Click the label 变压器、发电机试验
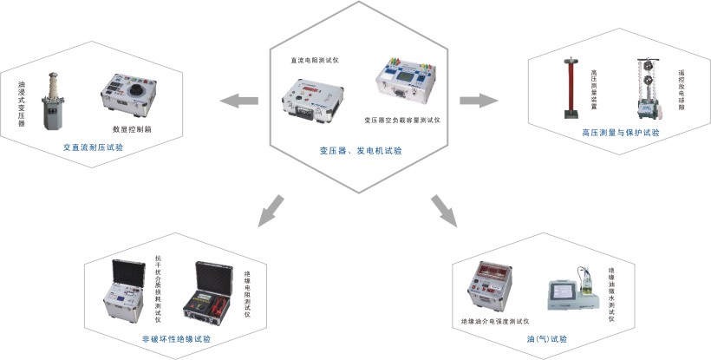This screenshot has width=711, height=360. (x=360, y=150)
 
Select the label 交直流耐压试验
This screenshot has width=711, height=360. (x=93, y=147)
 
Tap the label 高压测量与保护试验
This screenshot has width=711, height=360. (x=620, y=133)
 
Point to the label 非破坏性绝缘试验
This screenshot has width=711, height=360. (x=176, y=338)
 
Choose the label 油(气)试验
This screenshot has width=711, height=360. (x=546, y=338)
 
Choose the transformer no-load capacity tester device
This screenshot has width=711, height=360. (x=404, y=83)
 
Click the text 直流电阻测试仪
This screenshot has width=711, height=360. (x=314, y=60)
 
